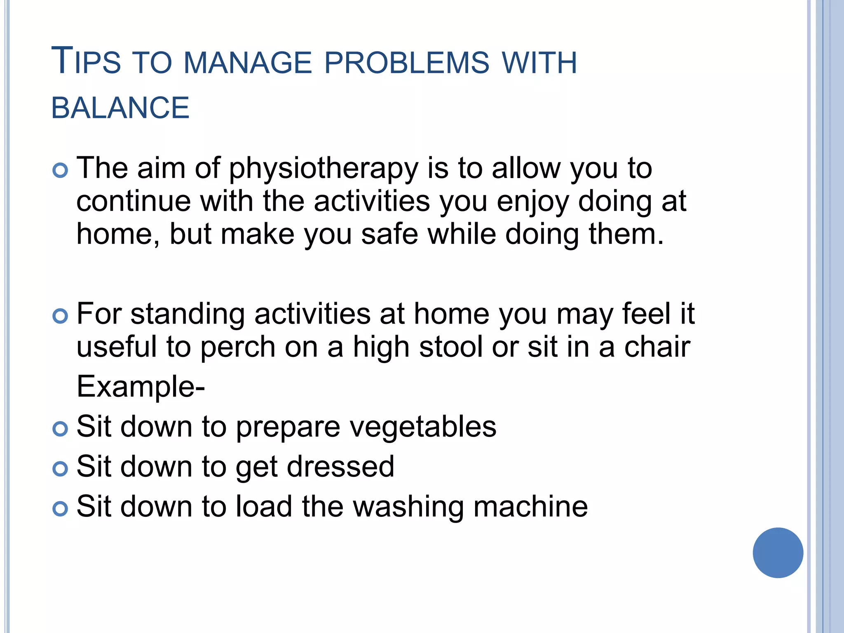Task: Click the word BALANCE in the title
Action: click(120, 108)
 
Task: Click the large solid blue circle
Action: click(778, 553)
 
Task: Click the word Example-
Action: click(141, 387)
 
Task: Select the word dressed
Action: click(340, 467)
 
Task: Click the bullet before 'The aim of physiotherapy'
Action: click(60, 170)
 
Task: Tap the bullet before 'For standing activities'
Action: click(60, 316)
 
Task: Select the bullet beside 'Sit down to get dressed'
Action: click(60, 469)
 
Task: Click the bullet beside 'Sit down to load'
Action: click(60, 509)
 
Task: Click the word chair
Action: click(657, 347)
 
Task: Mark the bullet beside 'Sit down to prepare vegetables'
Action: click(60, 429)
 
